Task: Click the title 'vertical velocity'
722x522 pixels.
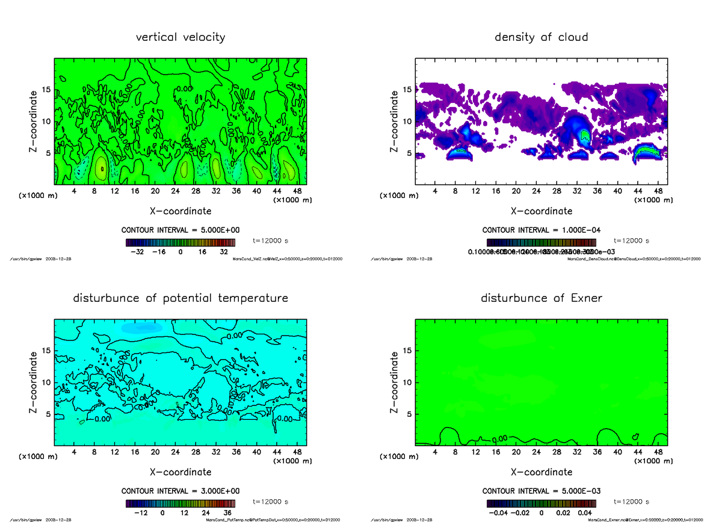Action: pyautogui.click(x=180, y=37)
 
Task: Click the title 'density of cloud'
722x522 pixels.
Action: pyautogui.click(x=541, y=37)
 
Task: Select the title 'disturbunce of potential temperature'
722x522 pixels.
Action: pyautogui.click(x=180, y=298)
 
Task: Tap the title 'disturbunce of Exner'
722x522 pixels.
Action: pyautogui.click(x=541, y=298)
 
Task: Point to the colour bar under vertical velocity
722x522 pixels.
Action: pyautogui.click(x=180, y=242)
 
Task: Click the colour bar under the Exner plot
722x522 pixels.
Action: pyautogui.click(x=541, y=503)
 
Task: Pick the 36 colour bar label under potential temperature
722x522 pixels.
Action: pyautogui.click(x=227, y=513)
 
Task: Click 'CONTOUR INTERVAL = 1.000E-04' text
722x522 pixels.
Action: pyautogui.click(x=541, y=230)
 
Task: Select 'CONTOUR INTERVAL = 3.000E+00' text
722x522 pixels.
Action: pyautogui.click(x=180, y=491)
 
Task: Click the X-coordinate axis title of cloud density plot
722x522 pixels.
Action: pyautogui.click(x=541, y=211)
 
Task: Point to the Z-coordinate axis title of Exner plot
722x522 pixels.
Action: pyautogui.click(x=394, y=382)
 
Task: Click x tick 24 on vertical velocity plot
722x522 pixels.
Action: pyautogui.click(x=175, y=191)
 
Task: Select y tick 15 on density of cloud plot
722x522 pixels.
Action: pyautogui.click(x=407, y=90)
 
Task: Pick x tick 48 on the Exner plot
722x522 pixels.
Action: pyautogui.click(x=658, y=452)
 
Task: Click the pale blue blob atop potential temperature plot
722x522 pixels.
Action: pyautogui.click(x=142, y=328)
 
